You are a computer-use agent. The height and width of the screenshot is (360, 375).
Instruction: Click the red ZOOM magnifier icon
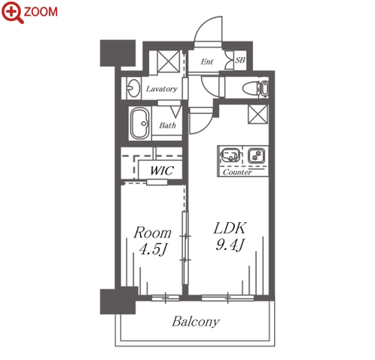12,12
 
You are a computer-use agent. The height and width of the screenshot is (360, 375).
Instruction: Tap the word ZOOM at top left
41,12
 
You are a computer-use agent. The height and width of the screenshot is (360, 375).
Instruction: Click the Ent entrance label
207,62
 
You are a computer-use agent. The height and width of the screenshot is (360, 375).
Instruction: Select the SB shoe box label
240,60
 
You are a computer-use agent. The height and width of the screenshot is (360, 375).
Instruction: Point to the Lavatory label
162,89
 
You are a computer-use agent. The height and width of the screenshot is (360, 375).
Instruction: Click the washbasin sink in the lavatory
133,88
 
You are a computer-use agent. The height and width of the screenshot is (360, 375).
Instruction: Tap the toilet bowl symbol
252,88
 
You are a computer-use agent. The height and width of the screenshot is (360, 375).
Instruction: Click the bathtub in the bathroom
140,123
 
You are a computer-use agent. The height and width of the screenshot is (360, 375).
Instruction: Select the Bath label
167,125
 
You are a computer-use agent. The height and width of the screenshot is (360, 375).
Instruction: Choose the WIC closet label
162,171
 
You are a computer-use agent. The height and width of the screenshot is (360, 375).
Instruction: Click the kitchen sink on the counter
230,154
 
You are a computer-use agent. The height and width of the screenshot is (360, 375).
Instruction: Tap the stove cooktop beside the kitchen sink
256,155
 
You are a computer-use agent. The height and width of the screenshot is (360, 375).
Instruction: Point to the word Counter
237,172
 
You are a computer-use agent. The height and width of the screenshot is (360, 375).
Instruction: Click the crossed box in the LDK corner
258,114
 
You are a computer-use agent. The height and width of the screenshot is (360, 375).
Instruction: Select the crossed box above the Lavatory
169,61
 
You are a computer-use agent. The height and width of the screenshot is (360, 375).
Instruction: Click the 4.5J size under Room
153,249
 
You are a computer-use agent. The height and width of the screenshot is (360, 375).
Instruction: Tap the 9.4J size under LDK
230,245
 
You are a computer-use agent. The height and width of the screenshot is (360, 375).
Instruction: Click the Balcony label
196,322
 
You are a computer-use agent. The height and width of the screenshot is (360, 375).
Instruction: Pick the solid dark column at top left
117,53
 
